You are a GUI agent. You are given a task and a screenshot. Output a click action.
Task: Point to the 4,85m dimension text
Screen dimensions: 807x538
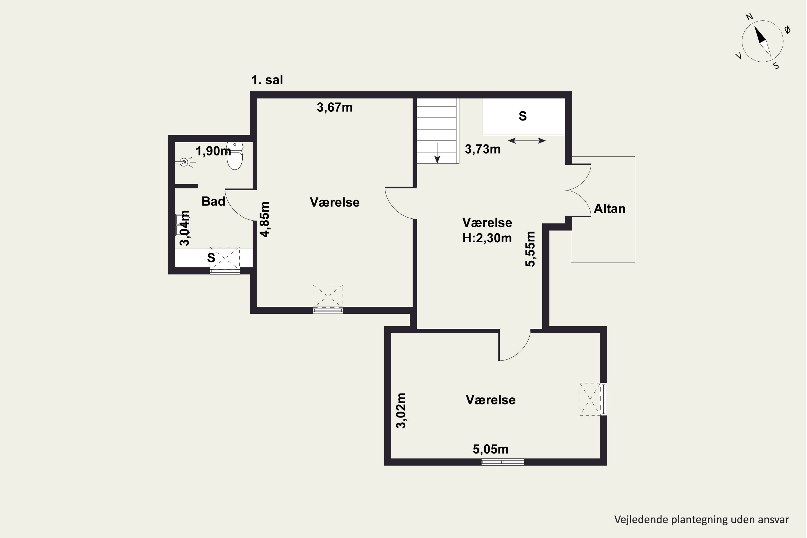(264, 219)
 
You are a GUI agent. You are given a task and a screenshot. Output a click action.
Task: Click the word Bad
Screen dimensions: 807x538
(213, 201)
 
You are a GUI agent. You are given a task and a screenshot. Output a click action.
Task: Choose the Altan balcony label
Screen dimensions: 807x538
(609, 209)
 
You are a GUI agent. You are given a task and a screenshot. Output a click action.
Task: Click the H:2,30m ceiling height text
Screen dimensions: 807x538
(487, 238)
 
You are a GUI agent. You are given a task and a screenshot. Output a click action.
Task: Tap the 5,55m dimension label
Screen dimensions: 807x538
(530, 249)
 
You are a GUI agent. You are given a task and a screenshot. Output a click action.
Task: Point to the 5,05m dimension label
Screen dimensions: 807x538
(491, 449)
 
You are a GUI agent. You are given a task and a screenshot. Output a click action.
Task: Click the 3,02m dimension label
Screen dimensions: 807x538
(401, 411)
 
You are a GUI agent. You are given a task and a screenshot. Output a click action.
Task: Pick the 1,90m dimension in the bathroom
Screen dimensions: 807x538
(213, 151)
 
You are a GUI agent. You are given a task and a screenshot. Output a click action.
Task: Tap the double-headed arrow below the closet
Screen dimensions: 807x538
(527, 140)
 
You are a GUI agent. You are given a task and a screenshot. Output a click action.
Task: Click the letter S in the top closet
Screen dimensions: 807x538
(523, 116)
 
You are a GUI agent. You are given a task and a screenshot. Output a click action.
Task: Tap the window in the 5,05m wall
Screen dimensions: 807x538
(503, 462)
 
